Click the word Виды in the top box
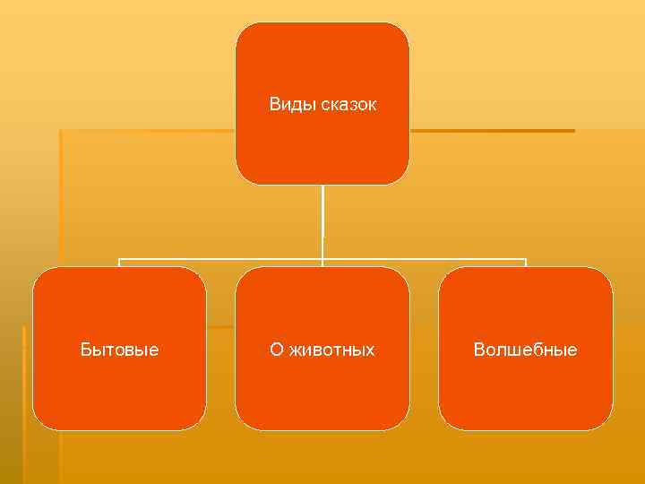(289, 105)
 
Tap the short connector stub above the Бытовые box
(119, 264)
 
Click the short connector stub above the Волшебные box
(526, 264)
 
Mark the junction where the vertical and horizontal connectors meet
(322, 260)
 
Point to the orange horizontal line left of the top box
(148, 131)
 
